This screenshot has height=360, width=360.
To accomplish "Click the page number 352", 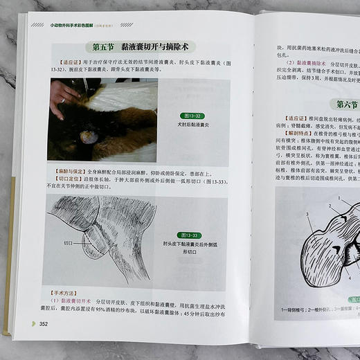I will click(43, 323).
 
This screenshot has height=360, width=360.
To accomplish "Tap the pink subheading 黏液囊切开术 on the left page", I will click(77, 301).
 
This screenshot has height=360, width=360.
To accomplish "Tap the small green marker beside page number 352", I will click(33, 323).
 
